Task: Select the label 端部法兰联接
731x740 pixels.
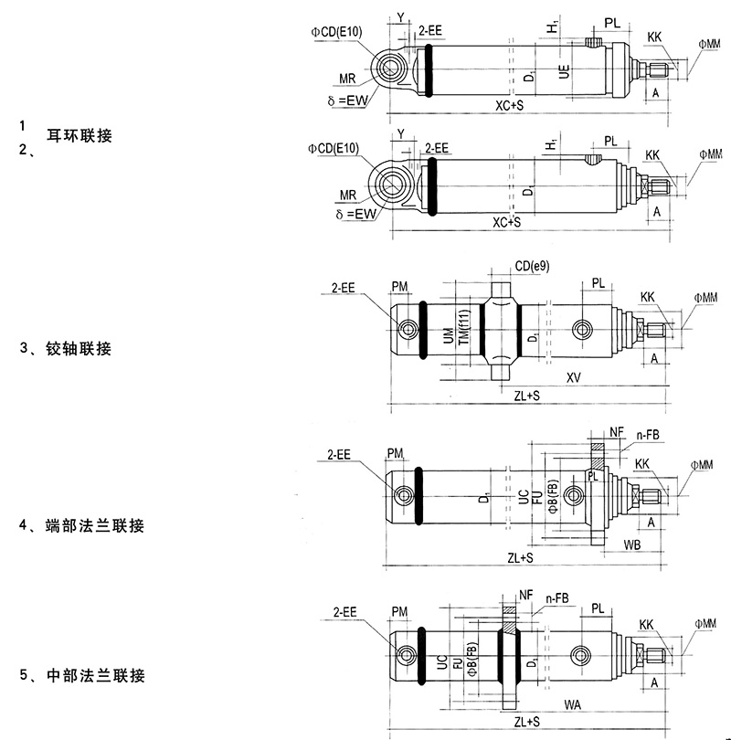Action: tap(95, 526)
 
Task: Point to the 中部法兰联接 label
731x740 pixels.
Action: tap(95, 677)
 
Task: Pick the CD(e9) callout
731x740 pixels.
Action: tap(531, 266)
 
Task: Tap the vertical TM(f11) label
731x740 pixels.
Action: tap(464, 329)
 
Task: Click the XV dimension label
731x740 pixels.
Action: tap(575, 376)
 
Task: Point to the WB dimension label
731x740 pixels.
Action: tap(630, 544)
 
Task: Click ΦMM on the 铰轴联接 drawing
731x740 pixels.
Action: tap(705, 298)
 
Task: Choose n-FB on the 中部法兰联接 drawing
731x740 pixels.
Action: tap(557, 598)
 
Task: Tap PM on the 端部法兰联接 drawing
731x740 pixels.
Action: tap(396, 453)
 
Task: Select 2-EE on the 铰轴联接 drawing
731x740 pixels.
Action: tap(344, 289)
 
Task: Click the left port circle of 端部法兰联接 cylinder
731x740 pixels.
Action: tap(404, 495)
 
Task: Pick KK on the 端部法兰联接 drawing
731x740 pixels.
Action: tap(642, 464)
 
